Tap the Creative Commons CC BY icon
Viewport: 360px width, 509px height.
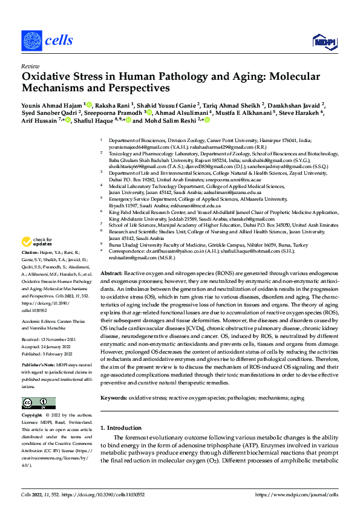click(38, 403)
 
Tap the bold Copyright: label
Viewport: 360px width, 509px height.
click(31, 416)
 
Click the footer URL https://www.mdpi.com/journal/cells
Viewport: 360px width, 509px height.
click(293, 494)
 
